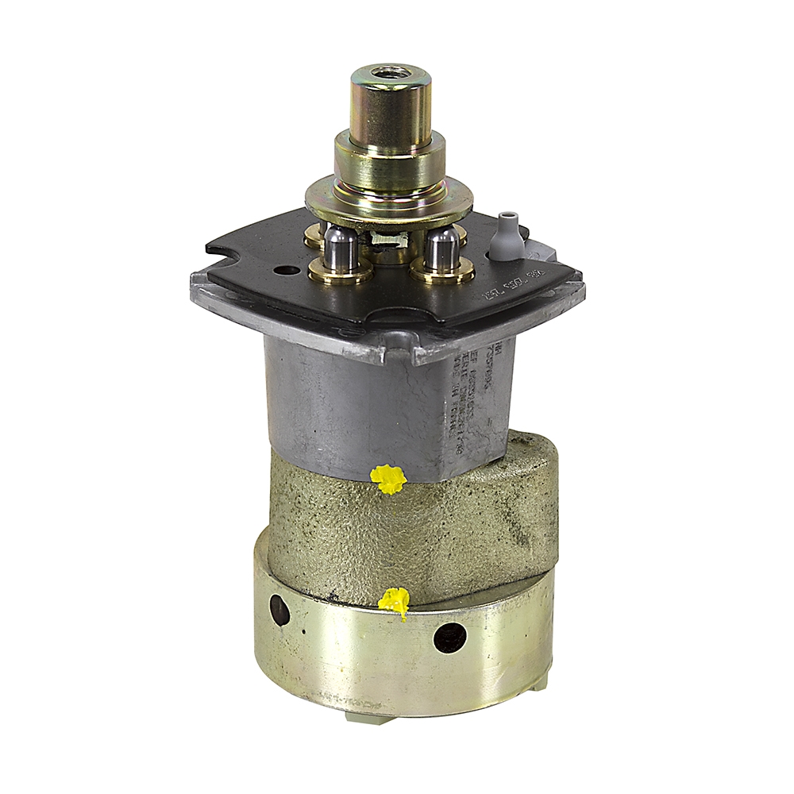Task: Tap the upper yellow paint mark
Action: point(388,478)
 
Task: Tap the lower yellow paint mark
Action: point(394,601)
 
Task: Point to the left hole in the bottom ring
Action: point(279,610)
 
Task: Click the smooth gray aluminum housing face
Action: point(349,405)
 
